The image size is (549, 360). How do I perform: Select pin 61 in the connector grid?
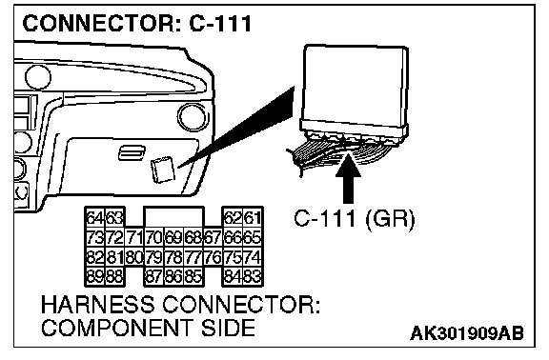point(253,218)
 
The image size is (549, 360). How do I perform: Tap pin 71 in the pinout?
point(134,238)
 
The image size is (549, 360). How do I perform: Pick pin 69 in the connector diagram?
point(174,238)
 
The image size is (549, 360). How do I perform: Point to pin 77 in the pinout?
point(193,258)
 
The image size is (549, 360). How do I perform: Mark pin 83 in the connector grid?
point(253,277)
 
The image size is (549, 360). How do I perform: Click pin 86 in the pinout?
point(174,277)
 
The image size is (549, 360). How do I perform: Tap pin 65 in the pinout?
point(253,238)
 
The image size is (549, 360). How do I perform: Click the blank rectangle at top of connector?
point(173,216)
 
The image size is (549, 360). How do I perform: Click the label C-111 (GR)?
point(355,219)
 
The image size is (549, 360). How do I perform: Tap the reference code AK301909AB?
point(467,333)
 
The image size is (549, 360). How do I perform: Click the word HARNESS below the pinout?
point(97,305)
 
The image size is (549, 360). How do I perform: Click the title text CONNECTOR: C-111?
point(137,24)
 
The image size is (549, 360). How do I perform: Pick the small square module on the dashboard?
point(162,170)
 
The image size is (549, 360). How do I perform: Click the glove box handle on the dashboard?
point(132,153)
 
